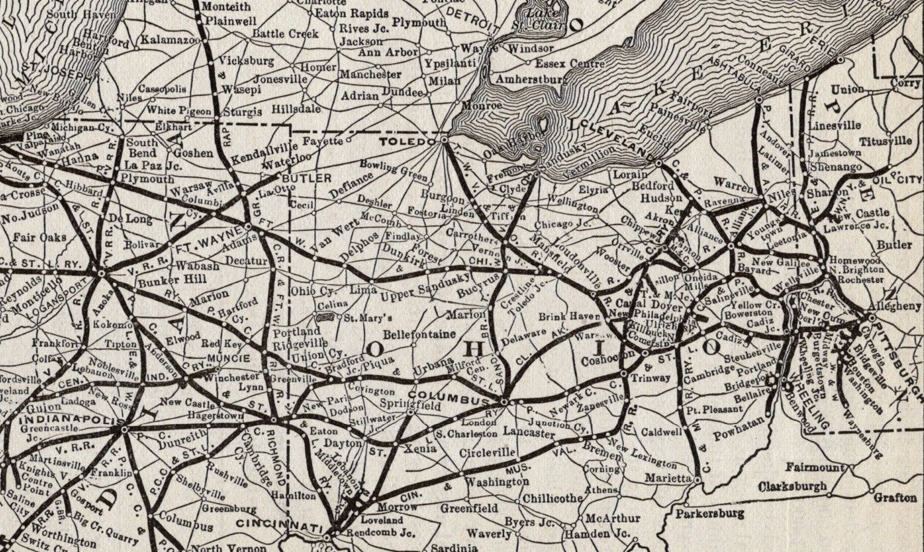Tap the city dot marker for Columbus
(504, 401)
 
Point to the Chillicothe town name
(552, 498)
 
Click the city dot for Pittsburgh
(871, 318)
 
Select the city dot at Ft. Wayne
(248, 226)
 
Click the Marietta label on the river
(668, 478)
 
